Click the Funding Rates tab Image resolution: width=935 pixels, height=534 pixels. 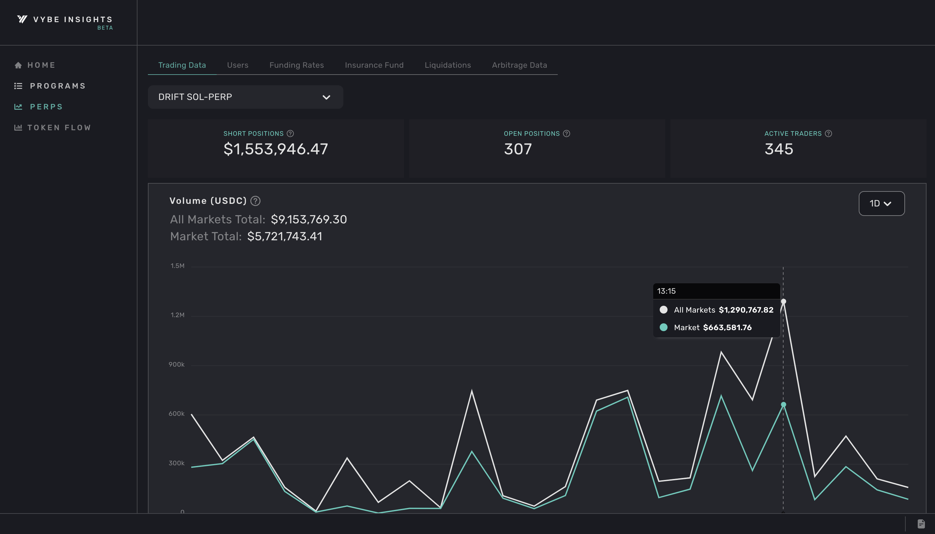(x=296, y=65)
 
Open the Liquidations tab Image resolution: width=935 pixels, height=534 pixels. (x=448, y=65)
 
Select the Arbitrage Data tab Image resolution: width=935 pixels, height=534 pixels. (x=519, y=65)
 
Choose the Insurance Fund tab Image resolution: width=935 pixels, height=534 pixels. (x=374, y=65)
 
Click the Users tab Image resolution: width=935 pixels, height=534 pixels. (x=237, y=65)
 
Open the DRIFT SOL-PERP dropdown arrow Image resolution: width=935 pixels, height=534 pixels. (x=326, y=97)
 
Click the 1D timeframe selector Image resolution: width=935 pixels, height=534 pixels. (x=881, y=204)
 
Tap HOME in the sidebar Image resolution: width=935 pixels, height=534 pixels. (x=41, y=65)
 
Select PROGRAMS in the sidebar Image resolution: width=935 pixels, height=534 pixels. (x=58, y=86)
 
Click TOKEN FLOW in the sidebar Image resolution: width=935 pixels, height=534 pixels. (x=59, y=128)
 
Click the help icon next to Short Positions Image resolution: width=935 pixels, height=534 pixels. (x=290, y=133)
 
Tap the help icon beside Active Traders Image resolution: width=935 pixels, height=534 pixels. (x=828, y=133)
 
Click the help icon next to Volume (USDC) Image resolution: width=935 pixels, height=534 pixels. (x=255, y=201)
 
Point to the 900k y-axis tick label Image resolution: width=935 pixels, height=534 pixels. (x=177, y=364)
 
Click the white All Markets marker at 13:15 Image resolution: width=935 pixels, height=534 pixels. (x=783, y=302)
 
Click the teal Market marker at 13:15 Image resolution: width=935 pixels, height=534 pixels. (x=783, y=404)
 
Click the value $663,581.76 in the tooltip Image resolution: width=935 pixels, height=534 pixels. (x=727, y=328)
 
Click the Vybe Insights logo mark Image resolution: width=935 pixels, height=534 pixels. (x=22, y=19)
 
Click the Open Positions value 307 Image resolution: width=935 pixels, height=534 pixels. (x=517, y=149)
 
